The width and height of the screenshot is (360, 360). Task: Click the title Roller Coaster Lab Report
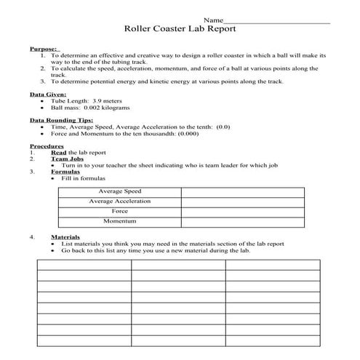pos(180,30)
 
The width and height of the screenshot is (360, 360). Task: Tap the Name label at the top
pos(213,19)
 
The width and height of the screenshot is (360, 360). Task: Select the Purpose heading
pos(42,48)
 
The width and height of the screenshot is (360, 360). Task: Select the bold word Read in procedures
pos(58,153)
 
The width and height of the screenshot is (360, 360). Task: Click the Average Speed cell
pos(120,191)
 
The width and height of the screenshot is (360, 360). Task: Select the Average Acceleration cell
pos(120,201)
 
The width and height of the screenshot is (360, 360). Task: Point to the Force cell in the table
pos(120,211)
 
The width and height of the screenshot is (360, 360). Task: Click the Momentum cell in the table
pos(120,220)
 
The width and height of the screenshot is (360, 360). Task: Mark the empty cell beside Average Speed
pos(242,191)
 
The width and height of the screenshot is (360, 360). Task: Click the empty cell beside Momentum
pos(242,220)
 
